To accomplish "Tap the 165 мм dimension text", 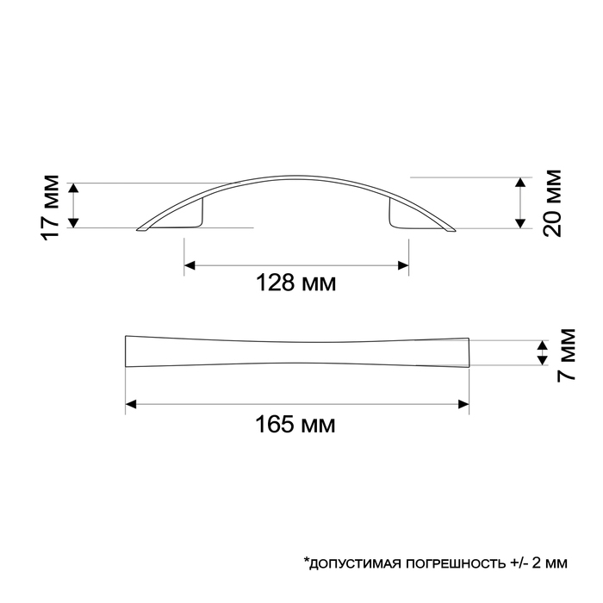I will pyautogui.click(x=296, y=424).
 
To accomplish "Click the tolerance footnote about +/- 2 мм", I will pyautogui.click(x=435, y=563).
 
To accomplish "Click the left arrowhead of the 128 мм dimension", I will pyautogui.click(x=190, y=264).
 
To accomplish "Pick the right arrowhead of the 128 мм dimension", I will pyautogui.click(x=402, y=264).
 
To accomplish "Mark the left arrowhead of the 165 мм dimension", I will pyautogui.click(x=131, y=403).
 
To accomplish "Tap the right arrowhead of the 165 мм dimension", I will pyautogui.click(x=463, y=403).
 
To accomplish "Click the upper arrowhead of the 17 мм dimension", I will pyautogui.click(x=73, y=187).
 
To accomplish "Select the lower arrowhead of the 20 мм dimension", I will pyautogui.click(x=519, y=223).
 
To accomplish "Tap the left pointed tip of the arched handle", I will pyautogui.click(x=140, y=229).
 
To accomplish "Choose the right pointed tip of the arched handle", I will pyautogui.click(x=451, y=229).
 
